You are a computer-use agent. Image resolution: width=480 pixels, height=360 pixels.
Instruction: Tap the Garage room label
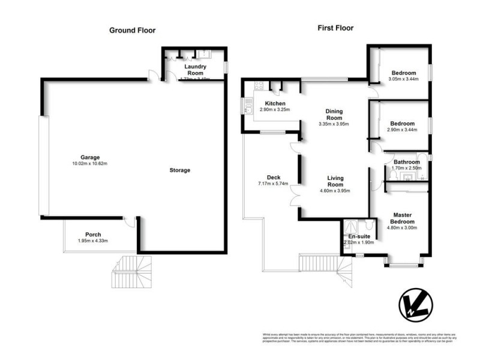pos(86,157)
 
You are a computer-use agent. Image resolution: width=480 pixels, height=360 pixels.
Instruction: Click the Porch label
pos(93,235)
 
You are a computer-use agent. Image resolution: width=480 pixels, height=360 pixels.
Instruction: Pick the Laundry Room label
pos(196,70)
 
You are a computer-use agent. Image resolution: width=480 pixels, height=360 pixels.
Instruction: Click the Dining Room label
pos(334,115)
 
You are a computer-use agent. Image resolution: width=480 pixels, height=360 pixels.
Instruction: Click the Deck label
pos(274,177)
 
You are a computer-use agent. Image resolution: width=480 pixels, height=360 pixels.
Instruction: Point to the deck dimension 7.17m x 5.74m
pos(274,184)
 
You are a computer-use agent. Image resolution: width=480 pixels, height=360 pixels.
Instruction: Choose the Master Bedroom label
pos(401,218)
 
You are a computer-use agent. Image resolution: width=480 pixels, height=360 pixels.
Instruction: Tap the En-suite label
pos(358,236)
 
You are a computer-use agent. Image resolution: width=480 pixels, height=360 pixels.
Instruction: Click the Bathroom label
pos(407,162)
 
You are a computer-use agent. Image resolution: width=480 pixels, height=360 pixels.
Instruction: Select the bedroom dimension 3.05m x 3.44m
pos(403,79)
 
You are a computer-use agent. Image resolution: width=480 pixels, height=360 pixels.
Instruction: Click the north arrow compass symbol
pos(416,308)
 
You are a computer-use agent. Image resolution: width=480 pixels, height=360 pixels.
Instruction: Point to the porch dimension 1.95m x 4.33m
pos(93,241)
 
